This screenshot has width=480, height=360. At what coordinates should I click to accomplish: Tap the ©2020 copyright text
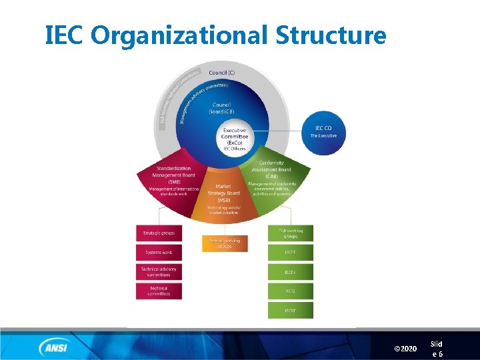click(405, 349)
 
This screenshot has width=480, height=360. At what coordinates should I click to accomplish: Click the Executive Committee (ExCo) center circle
click(235, 139)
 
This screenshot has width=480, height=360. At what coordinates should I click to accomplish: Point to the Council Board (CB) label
click(222, 107)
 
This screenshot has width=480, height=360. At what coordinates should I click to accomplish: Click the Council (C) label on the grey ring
click(222, 72)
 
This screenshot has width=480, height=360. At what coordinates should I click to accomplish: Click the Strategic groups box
click(159, 233)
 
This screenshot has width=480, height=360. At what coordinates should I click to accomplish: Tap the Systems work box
click(159, 253)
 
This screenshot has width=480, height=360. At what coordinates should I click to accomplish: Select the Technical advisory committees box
click(159, 272)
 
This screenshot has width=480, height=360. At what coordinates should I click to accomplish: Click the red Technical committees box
click(159, 291)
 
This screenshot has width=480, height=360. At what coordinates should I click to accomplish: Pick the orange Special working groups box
click(224, 243)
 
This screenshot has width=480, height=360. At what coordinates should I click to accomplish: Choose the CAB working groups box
click(290, 233)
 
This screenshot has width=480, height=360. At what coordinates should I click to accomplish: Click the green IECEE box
click(290, 253)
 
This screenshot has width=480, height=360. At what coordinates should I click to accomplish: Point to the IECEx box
click(290, 272)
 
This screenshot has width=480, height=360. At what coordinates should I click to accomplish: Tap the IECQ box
click(290, 291)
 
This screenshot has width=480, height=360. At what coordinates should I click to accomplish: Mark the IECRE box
click(290, 311)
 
